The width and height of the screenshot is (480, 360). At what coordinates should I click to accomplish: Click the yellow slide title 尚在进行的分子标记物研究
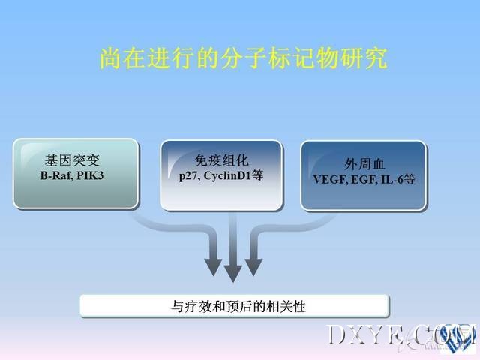244,58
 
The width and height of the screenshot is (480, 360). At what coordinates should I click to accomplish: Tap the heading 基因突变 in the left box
72,160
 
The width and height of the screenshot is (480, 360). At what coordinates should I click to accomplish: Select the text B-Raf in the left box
55,175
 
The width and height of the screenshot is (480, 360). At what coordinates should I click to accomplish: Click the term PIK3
90,175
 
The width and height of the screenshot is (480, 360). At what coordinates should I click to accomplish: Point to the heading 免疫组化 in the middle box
222,160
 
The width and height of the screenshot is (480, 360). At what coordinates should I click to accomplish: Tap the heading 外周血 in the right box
364,164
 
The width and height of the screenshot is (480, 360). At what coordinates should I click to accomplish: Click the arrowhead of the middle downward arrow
233,273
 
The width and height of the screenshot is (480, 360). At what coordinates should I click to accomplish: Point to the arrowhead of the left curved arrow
213,267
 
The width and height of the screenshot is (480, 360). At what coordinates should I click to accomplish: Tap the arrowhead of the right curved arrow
253,267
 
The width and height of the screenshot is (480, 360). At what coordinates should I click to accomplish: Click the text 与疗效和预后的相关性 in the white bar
238,306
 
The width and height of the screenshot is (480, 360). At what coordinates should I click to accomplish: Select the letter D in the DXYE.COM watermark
338,335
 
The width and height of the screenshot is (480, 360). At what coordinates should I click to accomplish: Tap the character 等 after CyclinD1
258,175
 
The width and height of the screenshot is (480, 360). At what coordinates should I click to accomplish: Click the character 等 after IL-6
410,179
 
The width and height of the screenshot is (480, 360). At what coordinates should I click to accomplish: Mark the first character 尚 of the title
110,58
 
